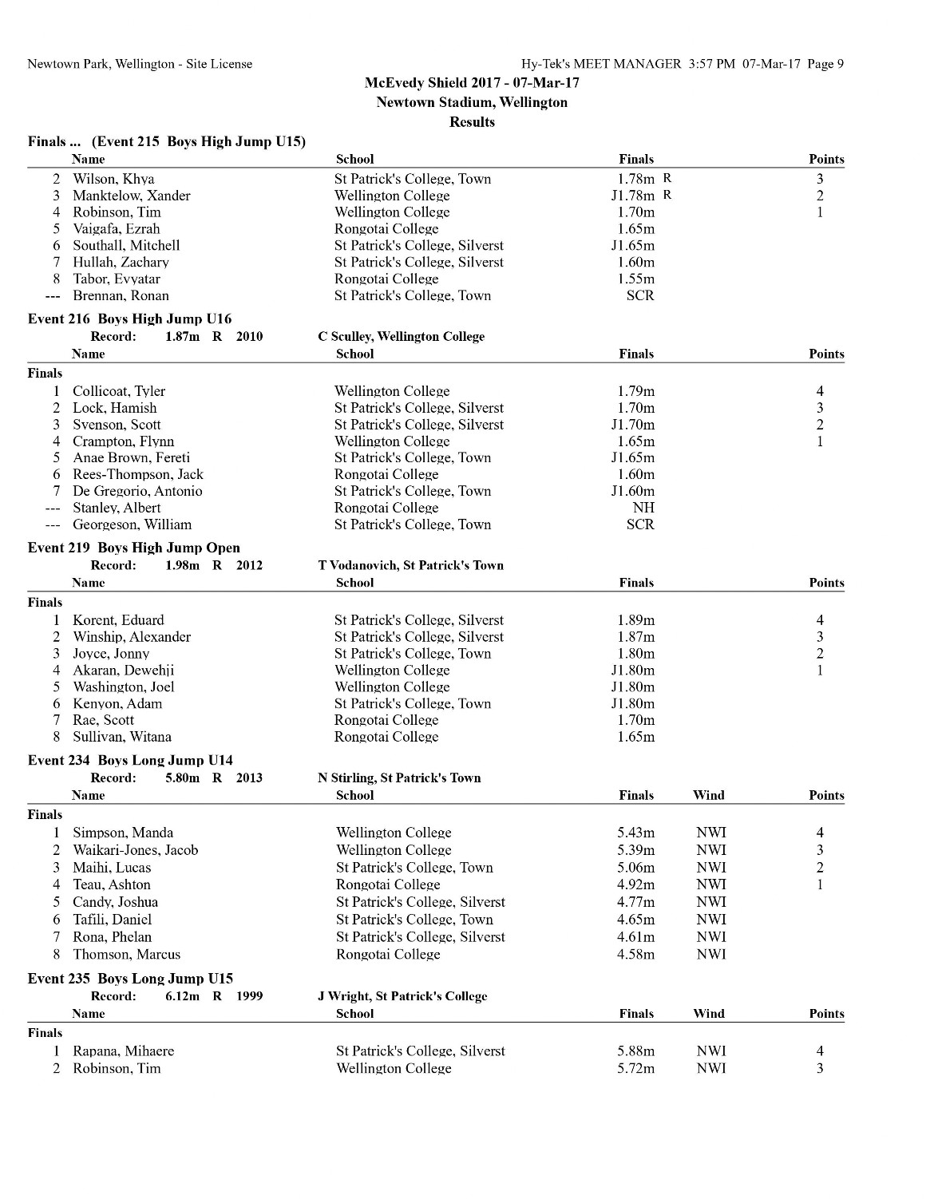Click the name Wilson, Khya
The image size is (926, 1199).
[x=113, y=179]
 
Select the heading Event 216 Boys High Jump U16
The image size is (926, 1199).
[x=129, y=319]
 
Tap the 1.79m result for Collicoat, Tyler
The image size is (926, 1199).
[x=635, y=391]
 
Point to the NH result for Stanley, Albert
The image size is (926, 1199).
[x=643, y=508]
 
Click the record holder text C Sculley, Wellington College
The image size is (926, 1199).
[x=401, y=336]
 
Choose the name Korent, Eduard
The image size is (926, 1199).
[x=118, y=620]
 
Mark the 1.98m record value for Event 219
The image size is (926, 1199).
[x=182, y=565]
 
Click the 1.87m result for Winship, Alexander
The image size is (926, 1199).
[x=635, y=637]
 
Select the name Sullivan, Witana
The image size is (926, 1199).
[x=122, y=737]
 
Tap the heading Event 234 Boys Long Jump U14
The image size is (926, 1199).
[x=130, y=760]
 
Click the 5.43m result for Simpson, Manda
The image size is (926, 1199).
[x=635, y=833]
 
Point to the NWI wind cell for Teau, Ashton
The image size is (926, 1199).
[x=710, y=884]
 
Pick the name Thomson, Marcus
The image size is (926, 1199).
[x=126, y=954]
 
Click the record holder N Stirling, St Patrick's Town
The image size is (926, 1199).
[x=399, y=778]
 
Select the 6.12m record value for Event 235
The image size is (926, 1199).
[x=182, y=996]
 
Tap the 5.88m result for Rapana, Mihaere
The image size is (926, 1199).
[x=635, y=1051]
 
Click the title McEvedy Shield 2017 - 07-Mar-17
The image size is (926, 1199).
[x=472, y=83]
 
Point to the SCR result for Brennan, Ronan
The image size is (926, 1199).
[x=640, y=295]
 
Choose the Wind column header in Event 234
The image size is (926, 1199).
[x=708, y=795]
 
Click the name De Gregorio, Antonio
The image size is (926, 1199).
[x=137, y=491]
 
